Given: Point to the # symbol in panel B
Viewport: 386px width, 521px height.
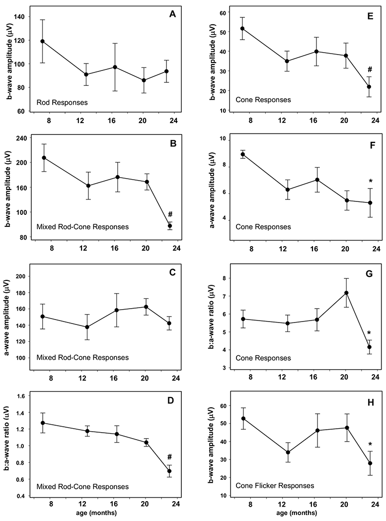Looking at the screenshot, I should click(170, 214).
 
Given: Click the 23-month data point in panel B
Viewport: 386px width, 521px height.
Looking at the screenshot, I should click(170, 226).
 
